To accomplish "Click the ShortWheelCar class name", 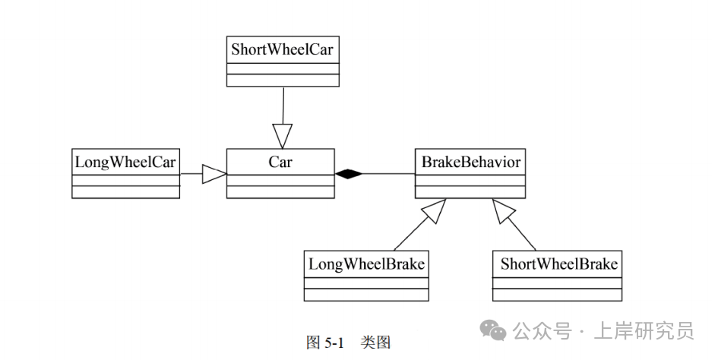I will point(283,50).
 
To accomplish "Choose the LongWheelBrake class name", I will point(366,264).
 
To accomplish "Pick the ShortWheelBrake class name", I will point(558,264).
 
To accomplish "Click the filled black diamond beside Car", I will point(349,174).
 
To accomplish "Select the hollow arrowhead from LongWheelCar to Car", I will point(214,174).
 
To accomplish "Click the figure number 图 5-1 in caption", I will point(324,343).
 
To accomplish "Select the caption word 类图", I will point(375,343).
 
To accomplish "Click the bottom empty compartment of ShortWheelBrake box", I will point(557,295).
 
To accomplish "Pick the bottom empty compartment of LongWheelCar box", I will point(125,191).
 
